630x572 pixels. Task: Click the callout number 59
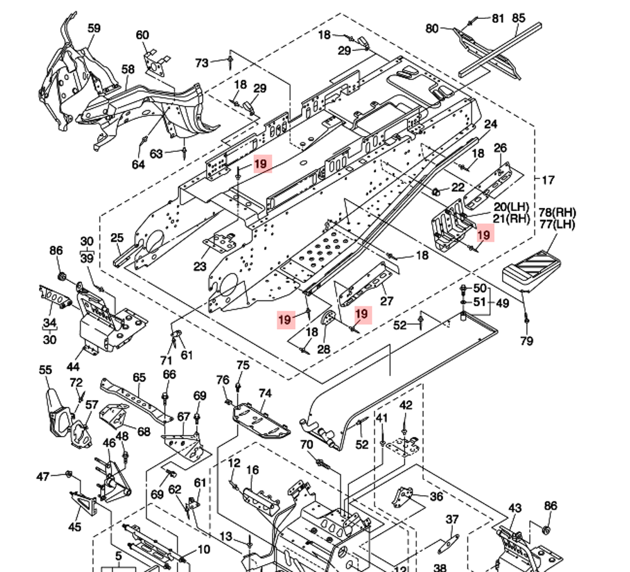tap(94, 28)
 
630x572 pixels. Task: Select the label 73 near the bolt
tap(202, 63)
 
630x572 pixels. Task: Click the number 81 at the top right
tap(498, 19)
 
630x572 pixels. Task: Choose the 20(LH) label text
tap(510, 207)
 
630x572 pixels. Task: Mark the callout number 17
tap(547, 180)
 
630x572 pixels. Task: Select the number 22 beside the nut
tap(458, 188)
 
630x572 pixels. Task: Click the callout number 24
tap(491, 124)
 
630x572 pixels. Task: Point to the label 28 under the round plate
tap(324, 349)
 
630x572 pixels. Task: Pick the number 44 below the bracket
tap(74, 366)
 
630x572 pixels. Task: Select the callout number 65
tap(139, 378)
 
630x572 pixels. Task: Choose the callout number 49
tap(502, 304)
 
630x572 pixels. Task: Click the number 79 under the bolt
tap(527, 341)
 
